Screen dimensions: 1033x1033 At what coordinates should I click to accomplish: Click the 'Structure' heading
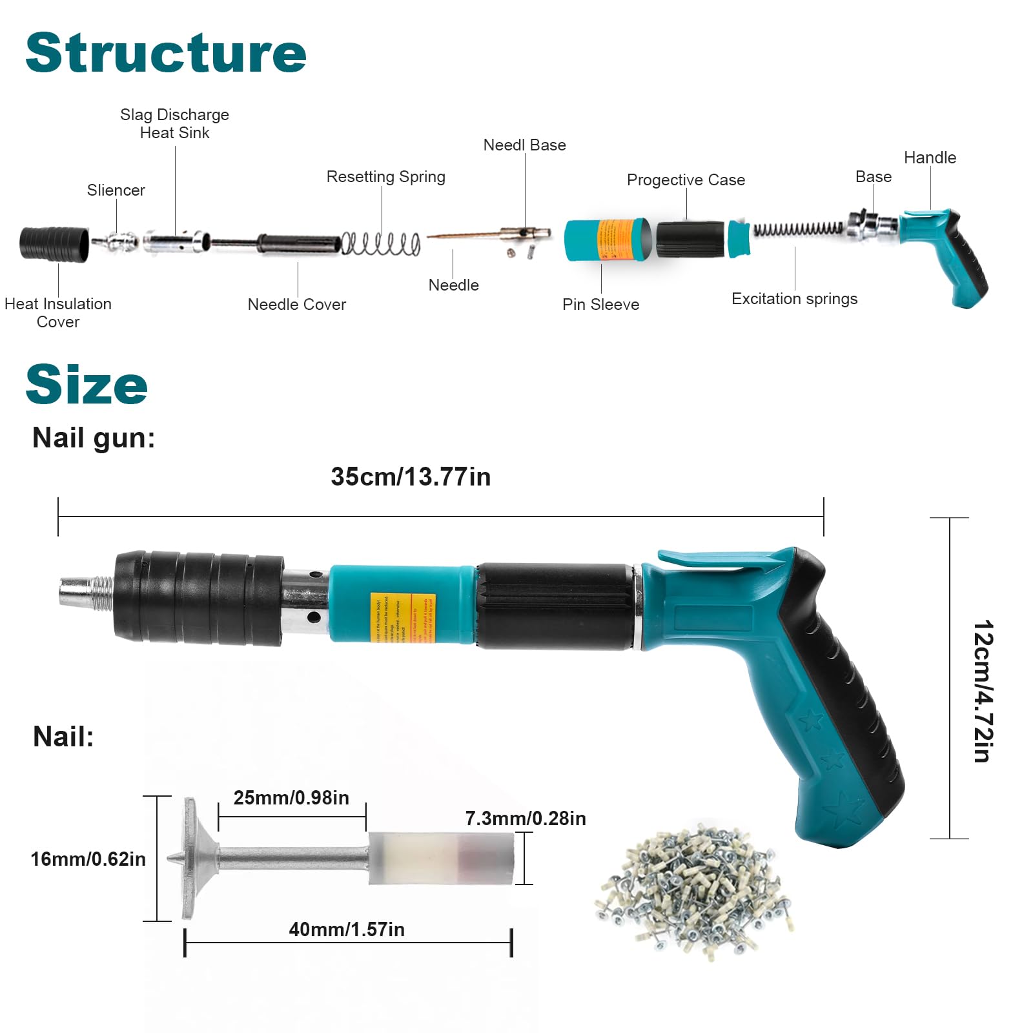pyautogui.click(x=165, y=53)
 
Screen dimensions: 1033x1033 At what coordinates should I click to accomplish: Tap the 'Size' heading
pyautogui.click(x=87, y=384)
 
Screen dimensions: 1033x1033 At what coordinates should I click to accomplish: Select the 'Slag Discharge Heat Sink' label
pyautogui.click(x=174, y=123)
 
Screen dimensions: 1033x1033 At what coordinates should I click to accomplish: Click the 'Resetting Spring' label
pyautogui.click(x=385, y=177)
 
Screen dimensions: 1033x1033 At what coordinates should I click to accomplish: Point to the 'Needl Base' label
pyautogui.click(x=524, y=145)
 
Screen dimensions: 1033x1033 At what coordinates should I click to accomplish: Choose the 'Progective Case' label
pyautogui.click(x=686, y=180)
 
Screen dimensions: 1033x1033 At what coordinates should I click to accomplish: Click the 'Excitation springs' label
pyautogui.click(x=794, y=299)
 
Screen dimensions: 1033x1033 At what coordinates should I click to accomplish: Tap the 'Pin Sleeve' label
pyautogui.click(x=600, y=305)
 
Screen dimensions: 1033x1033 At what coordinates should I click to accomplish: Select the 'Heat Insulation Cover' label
pyautogui.click(x=58, y=312)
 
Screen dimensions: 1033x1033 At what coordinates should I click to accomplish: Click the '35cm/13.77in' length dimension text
pyautogui.click(x=411, y=477)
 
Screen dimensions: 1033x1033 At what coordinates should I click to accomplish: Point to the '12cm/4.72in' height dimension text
pyautogui.click(x=983, y=691)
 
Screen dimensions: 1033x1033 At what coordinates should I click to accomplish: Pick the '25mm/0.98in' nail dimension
pyautogui.click(x=291, y=798)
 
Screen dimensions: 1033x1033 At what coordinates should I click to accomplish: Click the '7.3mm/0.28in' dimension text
pyautogui.click(x=526, y=819)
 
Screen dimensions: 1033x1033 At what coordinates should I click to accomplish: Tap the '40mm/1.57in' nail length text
pyautogui.click(x=347, y=930)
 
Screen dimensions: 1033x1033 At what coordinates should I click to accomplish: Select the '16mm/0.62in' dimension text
pyautogui.click(x=88, y=859)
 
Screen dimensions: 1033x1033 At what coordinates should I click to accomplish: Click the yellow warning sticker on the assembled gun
pyautogui.click(x=402, y=618)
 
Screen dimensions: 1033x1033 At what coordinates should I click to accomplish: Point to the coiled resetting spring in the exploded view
pyautogui.click(x=381, y=243)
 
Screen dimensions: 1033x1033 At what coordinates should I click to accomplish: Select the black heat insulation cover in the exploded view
pyautogui.click(x=54, y=244)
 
